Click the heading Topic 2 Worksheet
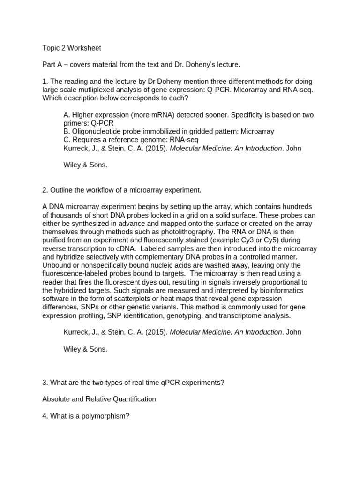point(71,48)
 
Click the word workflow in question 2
point(98,190)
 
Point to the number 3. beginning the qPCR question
point(45,382)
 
